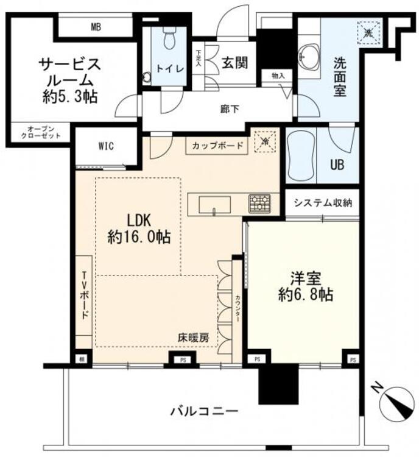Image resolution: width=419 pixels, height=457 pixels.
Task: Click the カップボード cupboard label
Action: tap(217, 146)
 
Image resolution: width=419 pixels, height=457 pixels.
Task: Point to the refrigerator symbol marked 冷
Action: tap(266, 141)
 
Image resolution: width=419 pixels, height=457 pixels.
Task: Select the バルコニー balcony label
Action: tap(203, 410)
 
